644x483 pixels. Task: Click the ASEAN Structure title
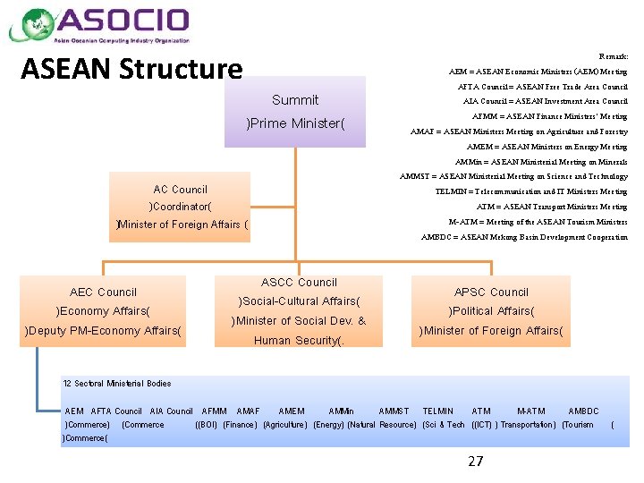131,69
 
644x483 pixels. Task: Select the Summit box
295,111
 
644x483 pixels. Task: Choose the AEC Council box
104,310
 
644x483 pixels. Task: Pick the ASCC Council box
299,310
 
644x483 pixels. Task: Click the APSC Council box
491,310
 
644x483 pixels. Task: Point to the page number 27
475,461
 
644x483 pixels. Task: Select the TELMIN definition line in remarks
531,191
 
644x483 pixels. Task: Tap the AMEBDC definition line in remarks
524,237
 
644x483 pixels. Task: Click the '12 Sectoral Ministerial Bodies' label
117,384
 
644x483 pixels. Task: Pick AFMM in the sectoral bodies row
215,411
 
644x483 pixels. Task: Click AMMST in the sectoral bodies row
394,411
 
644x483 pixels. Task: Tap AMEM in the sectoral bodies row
292,411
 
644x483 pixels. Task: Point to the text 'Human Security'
299,341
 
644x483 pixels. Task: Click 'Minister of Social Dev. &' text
299,321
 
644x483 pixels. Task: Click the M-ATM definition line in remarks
538,222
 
